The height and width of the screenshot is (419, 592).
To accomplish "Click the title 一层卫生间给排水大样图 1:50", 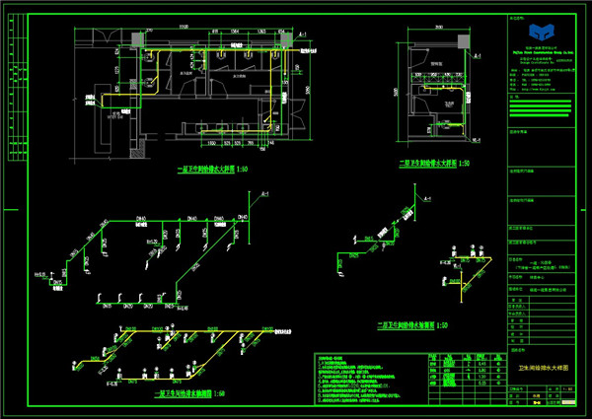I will tap(211, 170).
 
